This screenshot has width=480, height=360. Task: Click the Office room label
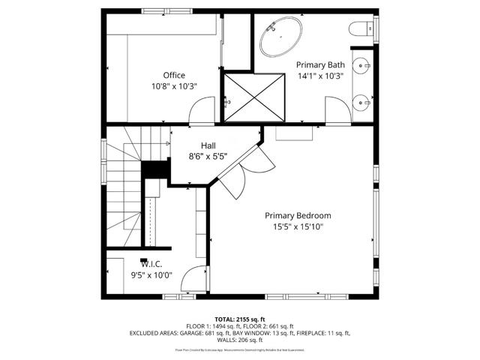pyautogui.click(x=174, y=75)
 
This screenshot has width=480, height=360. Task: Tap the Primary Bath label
pyautogui.click(x=320, y=65)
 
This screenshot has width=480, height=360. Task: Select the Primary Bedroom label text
pyautogui.click(x=298, y=215)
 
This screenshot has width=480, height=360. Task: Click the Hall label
pyautogui.click(x=208, y=145)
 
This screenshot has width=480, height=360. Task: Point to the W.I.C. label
pyautogui.click(x=151, y=263)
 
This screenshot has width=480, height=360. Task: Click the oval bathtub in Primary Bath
pyautogui.click(x=281, y=37)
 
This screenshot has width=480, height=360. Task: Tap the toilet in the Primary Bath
pyautogui.click(x=358, y=29)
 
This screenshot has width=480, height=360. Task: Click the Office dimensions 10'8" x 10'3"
pyautogui.click(x=174, y=86)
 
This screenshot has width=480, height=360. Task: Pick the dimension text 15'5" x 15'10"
pyautogui.click(x=298, y=226)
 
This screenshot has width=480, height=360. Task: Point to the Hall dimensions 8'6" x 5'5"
pyautogui.click(x=208, y=157)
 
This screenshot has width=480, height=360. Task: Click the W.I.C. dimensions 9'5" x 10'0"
pyautogui.click(x=151, y=274)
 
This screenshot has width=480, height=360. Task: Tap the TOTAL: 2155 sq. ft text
pyautogui.click(x=240, y=319)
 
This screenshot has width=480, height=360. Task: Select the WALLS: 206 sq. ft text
pyautogui.click(x=240, y=339)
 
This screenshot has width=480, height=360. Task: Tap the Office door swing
pyautogui.click(x=200, y=115)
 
